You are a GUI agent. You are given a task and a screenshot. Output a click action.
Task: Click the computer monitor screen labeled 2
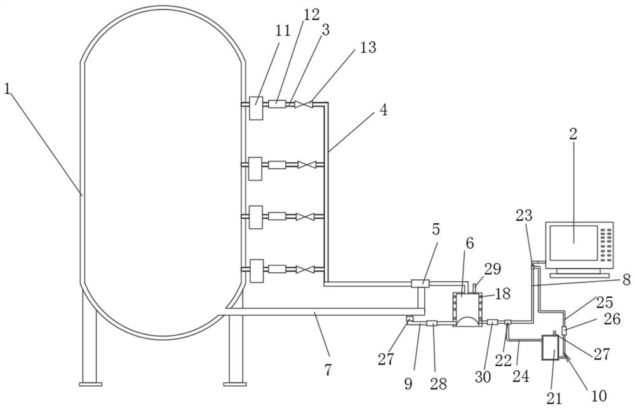pyautogui.click(x=573, y=242)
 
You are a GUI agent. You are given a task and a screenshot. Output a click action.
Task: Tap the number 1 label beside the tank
pyautogui.click(x=7, y=89)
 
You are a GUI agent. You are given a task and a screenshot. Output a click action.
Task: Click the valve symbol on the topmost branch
pyautogui.click(x=304, y=104)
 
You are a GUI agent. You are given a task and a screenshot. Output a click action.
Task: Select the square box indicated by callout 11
pyautogui.click(x=255, y=108)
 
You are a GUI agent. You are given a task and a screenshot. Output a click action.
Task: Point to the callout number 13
pyautogui.click(x=368, y=48)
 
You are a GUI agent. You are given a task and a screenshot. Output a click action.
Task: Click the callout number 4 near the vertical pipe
pyautogui.click(x=384, y=109)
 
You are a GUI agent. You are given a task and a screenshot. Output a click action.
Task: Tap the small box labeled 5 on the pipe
pyautogui.click(x=420, y=283)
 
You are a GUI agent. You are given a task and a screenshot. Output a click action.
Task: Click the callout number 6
pyautogui.click(x=469, y=244)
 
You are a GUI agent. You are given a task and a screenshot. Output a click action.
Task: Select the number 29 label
pyautogui.click(x=493, y=268)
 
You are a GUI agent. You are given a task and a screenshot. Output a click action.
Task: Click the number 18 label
pyautogui.click(x=502, y=293)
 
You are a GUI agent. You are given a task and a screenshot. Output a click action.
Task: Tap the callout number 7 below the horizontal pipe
pyautogui.click(x=328, y=370)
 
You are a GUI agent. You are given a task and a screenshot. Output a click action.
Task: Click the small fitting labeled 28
pyautogui.click(x=432, y=323)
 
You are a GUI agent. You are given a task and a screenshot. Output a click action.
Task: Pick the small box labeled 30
pyautogui.click(x=491, y=322)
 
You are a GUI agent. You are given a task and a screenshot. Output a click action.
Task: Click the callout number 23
pyautogui.click(x=524, y=216)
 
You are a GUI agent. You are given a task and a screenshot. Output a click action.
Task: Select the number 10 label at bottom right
pyautogui.click(x=599, y=395)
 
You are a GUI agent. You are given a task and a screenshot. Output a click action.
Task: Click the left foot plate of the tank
pyautogui.click(x=90, y=384)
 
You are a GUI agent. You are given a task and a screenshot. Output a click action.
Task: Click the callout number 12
pyautogui.click(x=311, y=15)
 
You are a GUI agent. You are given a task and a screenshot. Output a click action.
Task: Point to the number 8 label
pyautogui.click(x=626, y=280)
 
